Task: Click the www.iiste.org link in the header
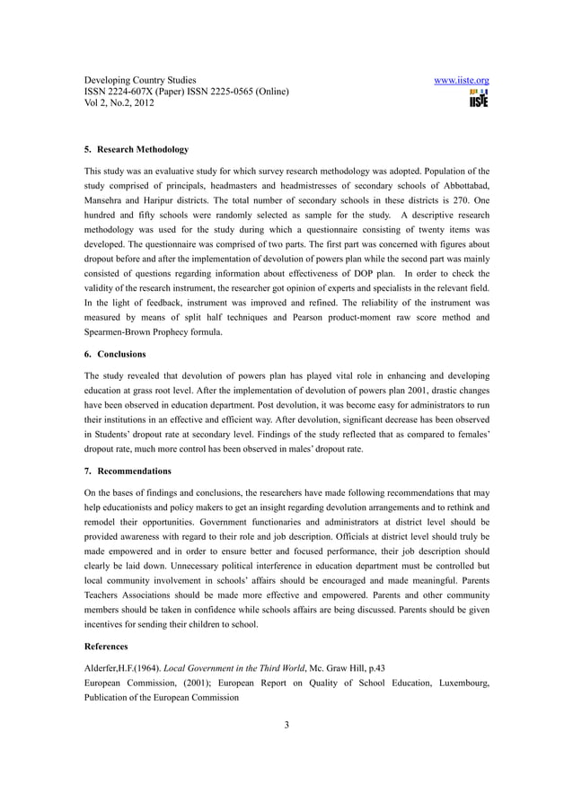(461, 81)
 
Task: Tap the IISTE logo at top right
(478, 99)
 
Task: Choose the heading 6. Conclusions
(115, 354)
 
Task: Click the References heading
(106, 646)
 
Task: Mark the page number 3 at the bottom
(286, 727)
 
